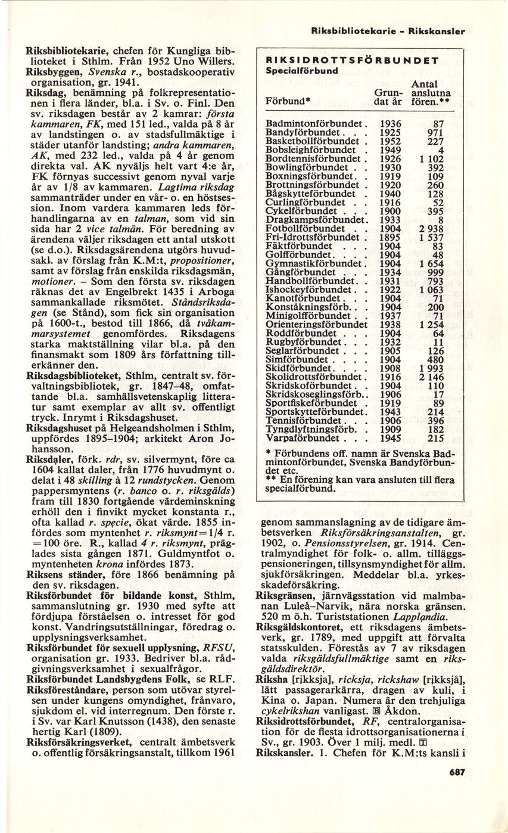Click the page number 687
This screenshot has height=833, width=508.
[456, 772]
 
